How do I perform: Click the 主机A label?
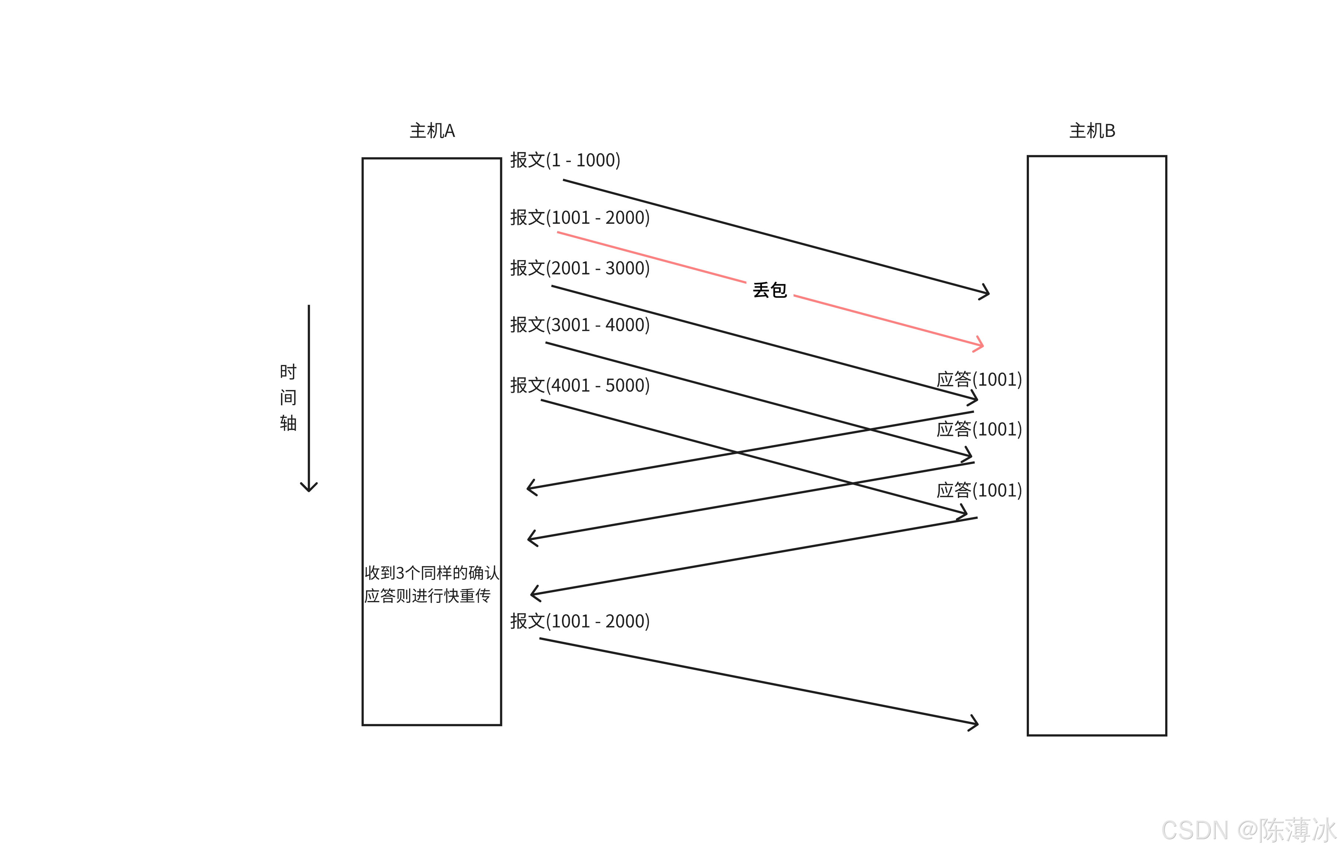point(432,131)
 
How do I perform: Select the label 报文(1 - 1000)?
point(565,160)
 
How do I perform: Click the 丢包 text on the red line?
point(770,290)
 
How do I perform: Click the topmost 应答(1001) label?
point(979,379)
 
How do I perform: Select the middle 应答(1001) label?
point(979,429)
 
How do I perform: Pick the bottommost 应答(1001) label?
point(979,490)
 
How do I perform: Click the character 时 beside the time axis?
point(288,372)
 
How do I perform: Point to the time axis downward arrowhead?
point(309,488)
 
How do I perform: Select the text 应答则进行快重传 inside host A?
point(427,596)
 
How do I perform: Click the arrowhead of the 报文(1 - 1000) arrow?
point(987,292)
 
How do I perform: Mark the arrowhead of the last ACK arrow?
point(534,594)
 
